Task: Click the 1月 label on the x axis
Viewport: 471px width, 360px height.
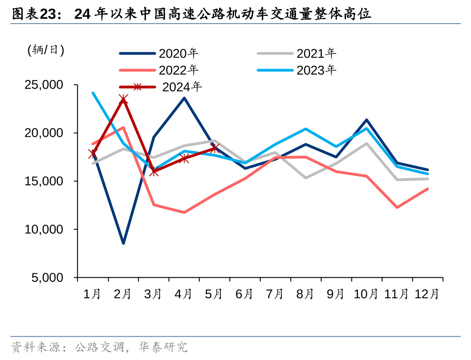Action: pyautogui.click(x=93, y=294)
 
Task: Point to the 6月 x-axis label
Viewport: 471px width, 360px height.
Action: pyautogui.click(x=245, y=294)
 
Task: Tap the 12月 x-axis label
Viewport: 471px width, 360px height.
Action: pyautogui.click(x=427, y=294)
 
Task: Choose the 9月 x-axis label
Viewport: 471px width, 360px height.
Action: pyautogui.click(x=336, y=294)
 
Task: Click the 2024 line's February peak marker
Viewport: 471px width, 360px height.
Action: pyautogui.click(x=123, y=99)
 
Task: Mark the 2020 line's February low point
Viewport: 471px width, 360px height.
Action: pyautogui.click(x=123, y=243)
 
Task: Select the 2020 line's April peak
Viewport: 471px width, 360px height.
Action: pyautogui.click(x=184, y=98)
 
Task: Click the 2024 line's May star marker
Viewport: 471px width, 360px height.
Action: pyautogui.click(x=215, y=148)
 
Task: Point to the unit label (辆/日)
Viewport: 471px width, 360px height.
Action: pyautogui.click(x=45, y=50)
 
